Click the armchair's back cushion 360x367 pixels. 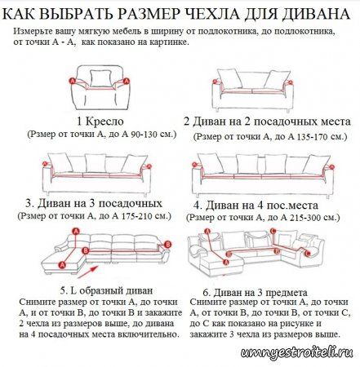100,79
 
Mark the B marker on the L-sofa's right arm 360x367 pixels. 167,244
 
